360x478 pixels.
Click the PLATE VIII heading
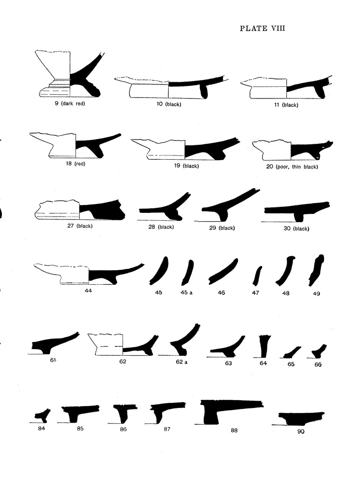(262, 28)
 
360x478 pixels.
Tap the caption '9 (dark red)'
(70, 103)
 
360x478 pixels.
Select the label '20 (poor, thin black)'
(292, 167)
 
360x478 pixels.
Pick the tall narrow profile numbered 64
(263, 346)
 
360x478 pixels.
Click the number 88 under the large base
(234, 430)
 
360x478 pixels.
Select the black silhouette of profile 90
(301, 418)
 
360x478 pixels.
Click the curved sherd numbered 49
(316, 270)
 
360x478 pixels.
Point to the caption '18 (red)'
(76, 164)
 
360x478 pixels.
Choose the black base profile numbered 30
(297, 211)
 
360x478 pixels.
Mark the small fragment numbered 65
(292, 352)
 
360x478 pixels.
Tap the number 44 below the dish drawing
(88, 291)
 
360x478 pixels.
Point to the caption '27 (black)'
(80, 226)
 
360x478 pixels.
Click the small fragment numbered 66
(319, 351)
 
